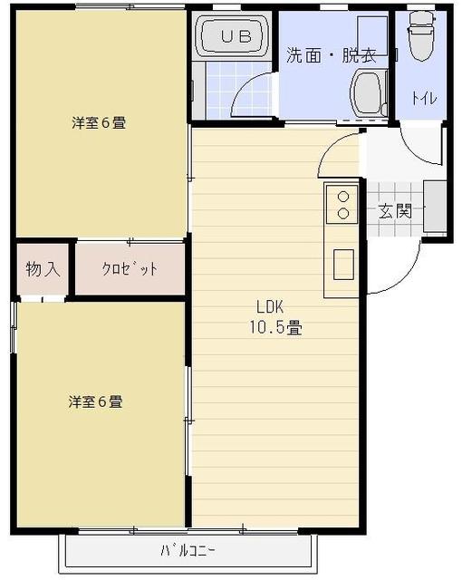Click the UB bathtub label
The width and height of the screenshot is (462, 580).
pyautogui.click(x=236, y=36)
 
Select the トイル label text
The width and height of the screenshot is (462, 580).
pyautogui.click(x=424, y=98)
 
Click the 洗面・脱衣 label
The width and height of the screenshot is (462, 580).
pyautogui.click(x=332, y=56)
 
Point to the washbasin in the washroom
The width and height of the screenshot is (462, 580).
pyautogui.click(x=368, y=94)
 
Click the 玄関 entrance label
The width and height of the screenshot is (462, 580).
pyautogui.click(x=395, y=211)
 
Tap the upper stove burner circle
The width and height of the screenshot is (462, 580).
pyautogui.click(x=343, y=197)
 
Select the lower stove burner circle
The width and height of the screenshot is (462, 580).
pyautogui.click(x=343, y=213)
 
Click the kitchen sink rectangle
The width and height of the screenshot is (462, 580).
pyautogui.click(x=343, y=265)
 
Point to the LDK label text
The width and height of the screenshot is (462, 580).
pyautogui.click(x=270, y=307)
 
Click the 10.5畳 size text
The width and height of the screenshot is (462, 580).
pyautogui.click(x=275, y=327)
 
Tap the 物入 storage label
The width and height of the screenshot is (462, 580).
pyautogui.click(x=43, y=269)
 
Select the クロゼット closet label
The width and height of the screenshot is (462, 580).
pyautogui.click(x=130, y=269)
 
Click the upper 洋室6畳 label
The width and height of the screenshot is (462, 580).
pyautogui.click(x=99, y=122)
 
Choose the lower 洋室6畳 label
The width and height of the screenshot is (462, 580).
pyautogui.click(x=95, y=401)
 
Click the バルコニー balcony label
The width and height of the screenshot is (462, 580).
pyautogui.click(x=188, y=551)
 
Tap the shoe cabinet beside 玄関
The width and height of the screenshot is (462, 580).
pyautogui.click(x=435, y=207)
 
